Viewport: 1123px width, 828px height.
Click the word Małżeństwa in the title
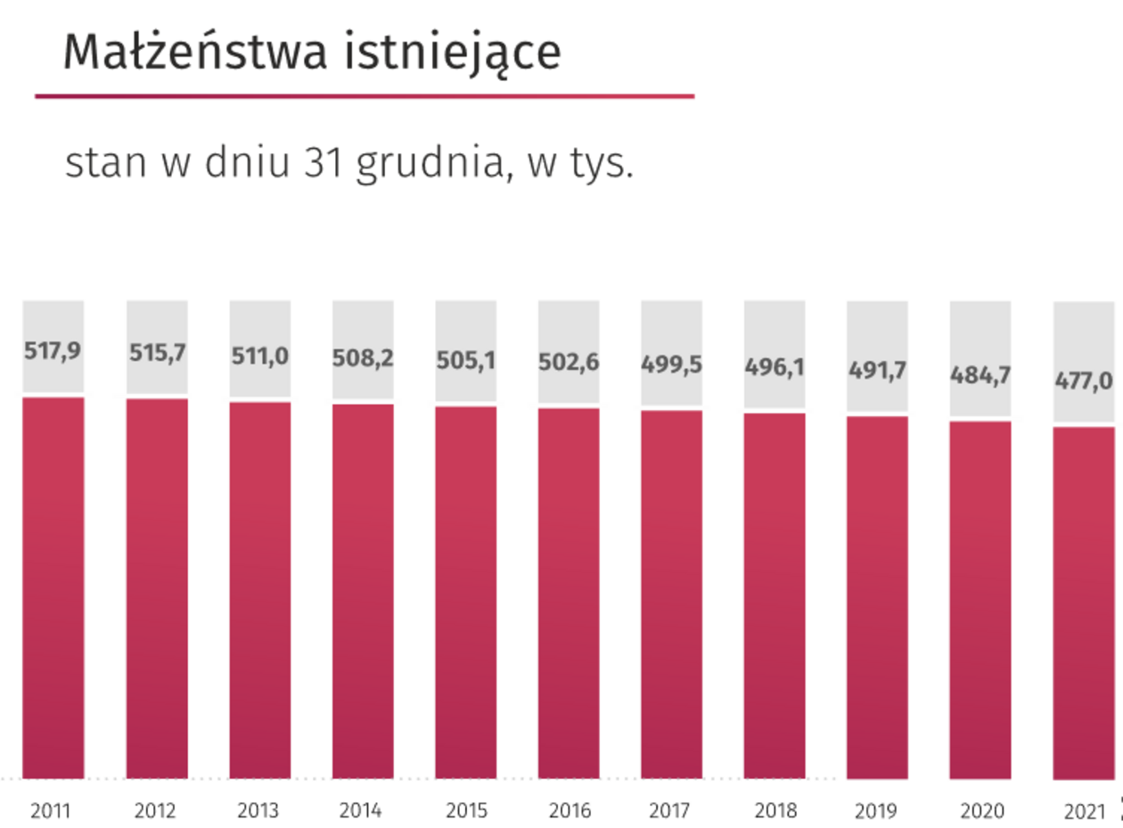(184, 53)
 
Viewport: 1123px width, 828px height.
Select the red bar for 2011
(53, 588)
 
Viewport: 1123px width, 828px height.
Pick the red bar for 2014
(363, 592)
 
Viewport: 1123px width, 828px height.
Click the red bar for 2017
(671, 594)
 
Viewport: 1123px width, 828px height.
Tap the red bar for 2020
(980, 600)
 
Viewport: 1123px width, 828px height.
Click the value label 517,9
(53, 350)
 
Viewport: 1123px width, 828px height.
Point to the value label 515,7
(157, 352)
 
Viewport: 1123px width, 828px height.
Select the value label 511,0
(260, 356)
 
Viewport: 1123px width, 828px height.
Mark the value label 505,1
(466, 361)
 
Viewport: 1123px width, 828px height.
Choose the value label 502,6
(569, 363)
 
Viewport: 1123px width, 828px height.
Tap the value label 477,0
(1084, 381)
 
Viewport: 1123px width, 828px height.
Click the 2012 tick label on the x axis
(156, 811)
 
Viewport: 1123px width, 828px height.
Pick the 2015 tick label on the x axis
(465, 811)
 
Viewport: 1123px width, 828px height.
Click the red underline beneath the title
(365, 96)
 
